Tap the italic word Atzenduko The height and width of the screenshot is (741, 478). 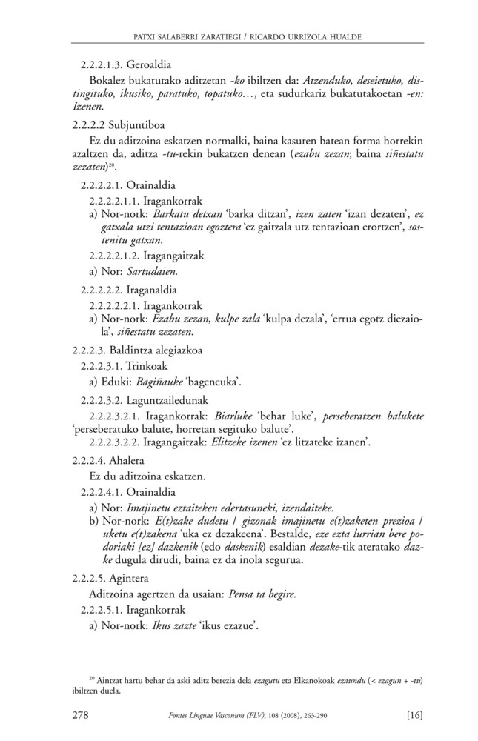pos(316,80)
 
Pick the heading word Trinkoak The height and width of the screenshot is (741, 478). pos(147,366)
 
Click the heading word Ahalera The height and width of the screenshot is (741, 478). pos(127,460)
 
